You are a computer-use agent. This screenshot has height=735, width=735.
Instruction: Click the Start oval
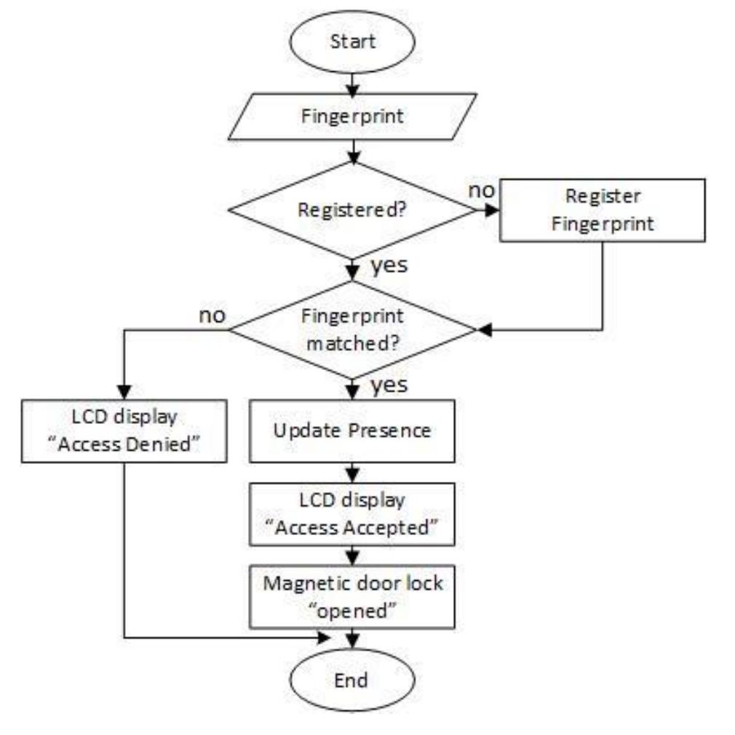(x=352, y=41)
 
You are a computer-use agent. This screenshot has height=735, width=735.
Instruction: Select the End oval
(x=352, y=680)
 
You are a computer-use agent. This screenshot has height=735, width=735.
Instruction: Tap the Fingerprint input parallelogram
(x=352, y=116)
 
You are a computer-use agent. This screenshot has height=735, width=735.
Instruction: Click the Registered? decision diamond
(x=352, y=212)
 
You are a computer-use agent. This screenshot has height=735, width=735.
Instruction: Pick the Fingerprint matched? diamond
(x=352, y=331)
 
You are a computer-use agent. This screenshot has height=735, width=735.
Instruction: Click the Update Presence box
(x=352, y=430)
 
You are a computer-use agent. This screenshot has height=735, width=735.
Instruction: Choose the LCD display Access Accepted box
(x=352, y=515)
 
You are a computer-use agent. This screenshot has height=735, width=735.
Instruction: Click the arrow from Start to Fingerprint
(x=352, y=82)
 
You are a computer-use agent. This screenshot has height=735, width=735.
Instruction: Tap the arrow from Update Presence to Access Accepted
(x=352, y=473)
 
